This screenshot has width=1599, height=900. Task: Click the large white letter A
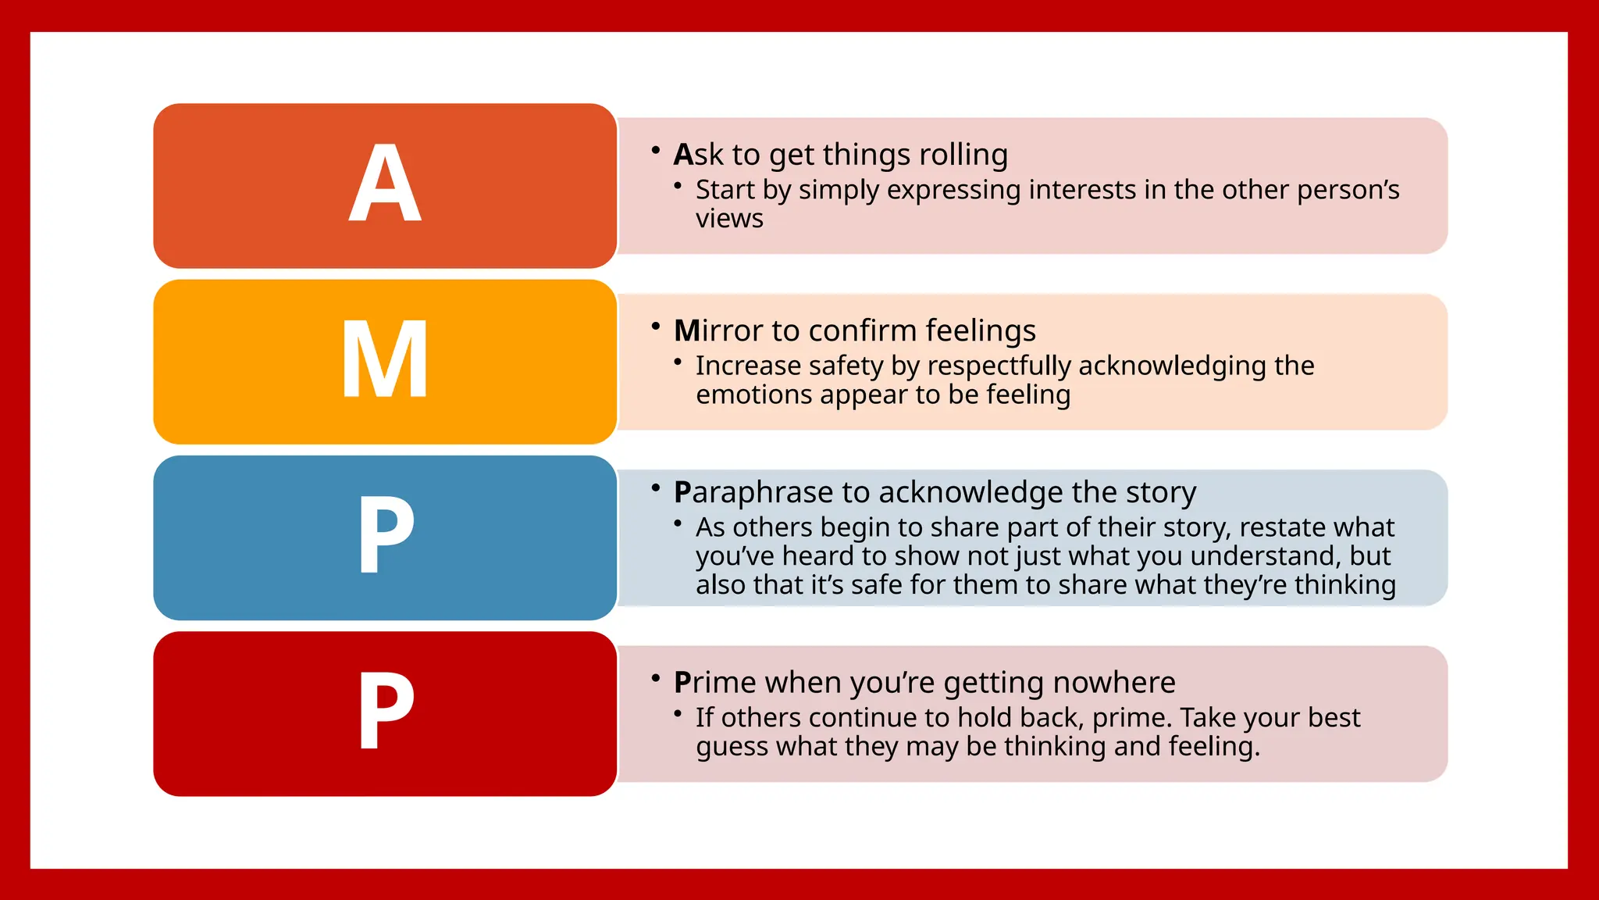(385, 184)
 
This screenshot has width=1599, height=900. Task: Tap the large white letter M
(385, 360)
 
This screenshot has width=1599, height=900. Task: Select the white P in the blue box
(386, 536)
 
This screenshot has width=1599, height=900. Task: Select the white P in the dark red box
(386, 712)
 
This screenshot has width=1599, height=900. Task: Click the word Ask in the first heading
(699, 155)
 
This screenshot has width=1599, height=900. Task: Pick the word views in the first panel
(729, 219)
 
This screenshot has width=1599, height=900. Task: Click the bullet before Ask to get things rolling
(656, 148)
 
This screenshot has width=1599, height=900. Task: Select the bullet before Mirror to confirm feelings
(656, 325)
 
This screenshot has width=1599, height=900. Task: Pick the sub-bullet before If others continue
(678, 712)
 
